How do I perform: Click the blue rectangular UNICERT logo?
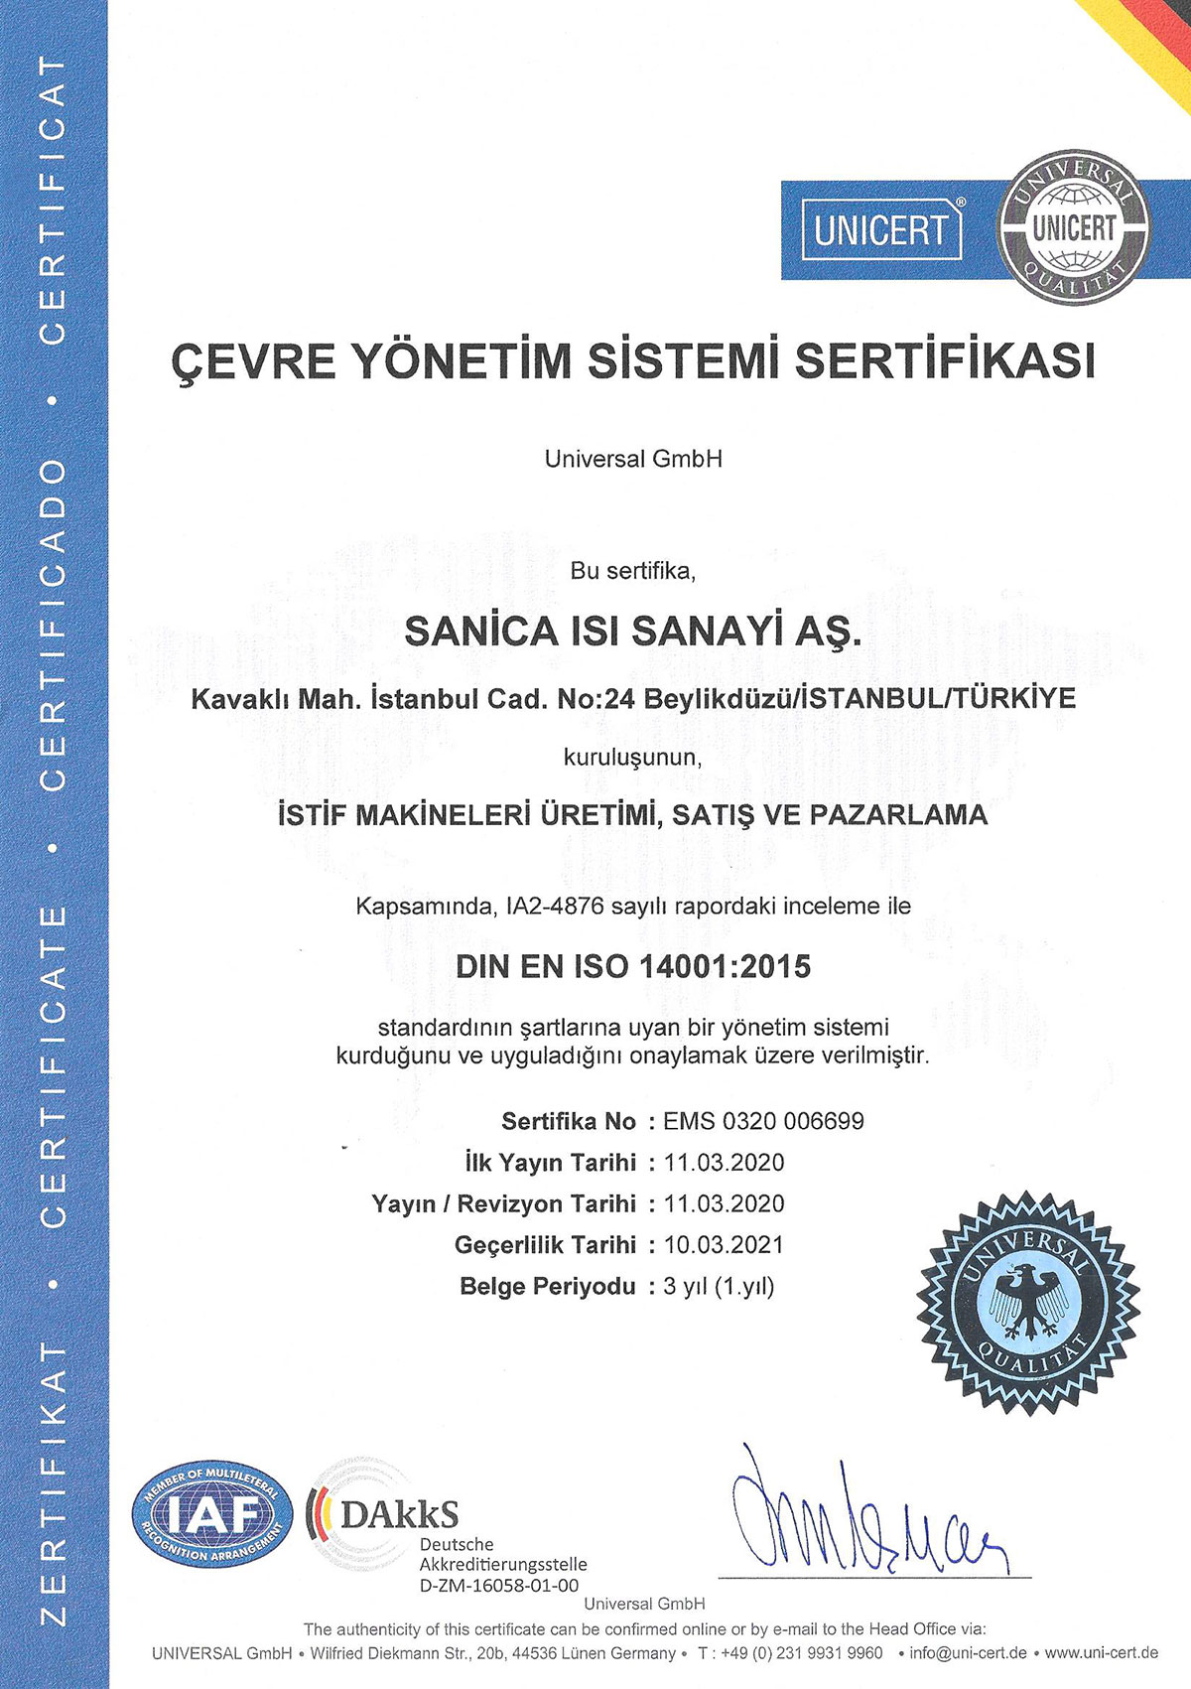tap(880, 229)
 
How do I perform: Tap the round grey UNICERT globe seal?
tap(1074, 229)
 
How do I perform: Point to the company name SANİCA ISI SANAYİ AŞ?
tap(633, 633)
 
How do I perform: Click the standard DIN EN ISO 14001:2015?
tap(633, 966)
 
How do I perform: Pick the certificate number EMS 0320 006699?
tap(763, 1121)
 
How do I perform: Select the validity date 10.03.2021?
tap(724, 1244)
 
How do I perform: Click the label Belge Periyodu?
tap(547, 1286)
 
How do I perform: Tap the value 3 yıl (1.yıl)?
tap(719, 1286)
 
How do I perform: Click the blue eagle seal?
tap(1026, 1303)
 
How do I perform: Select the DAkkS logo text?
tap(399, 1513)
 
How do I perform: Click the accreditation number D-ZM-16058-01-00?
tap(499, 1586)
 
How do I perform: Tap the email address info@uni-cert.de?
tap(969, 1653)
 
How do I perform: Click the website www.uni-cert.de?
tap(1102, 1653)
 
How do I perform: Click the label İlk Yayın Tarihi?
tap(550, 1162)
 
